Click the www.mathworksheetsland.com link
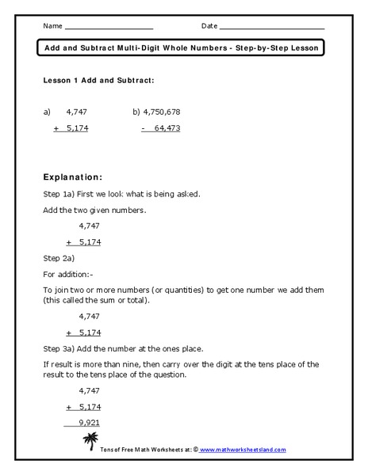pyautogui.click(x=243, y=449)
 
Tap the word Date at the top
pyautogui.click(x=209, y=27)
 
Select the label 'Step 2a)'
pyautogui.click(x=59, y=258)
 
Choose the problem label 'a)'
pyautogui.click(x=47, y=112)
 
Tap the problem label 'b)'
pyautogui.click(x=136, y=112)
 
